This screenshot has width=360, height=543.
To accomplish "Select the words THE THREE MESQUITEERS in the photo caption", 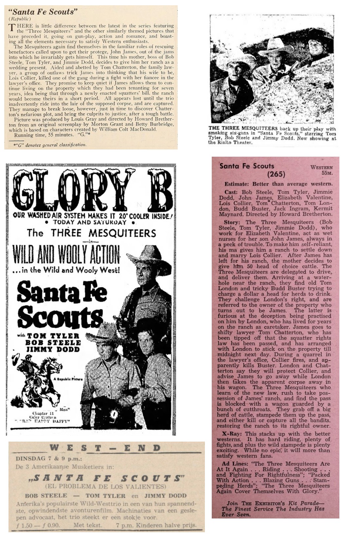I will point(243,129).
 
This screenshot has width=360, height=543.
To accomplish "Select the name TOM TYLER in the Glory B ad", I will point(53,336).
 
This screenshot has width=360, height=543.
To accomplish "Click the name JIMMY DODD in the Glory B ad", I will point(53,349).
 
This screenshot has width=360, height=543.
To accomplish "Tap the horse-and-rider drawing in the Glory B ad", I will point(34,373).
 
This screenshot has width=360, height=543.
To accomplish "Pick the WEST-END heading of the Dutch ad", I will point(105,448).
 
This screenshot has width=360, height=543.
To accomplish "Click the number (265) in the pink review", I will point(276,174).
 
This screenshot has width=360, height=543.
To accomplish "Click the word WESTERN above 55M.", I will point(321,167).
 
